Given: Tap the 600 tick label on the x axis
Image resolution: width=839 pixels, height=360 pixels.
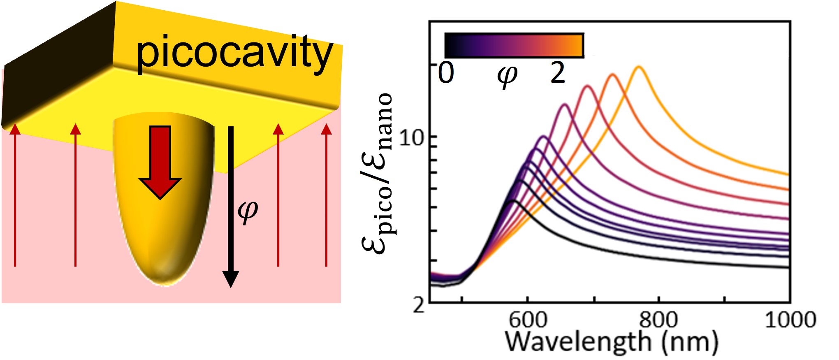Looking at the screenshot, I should pos(528,320).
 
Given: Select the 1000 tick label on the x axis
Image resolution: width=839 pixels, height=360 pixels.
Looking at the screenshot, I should pos(790,320).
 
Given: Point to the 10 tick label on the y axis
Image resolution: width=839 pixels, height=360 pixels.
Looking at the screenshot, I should pos(411,138).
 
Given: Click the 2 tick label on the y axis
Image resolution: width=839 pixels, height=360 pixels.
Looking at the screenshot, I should pos(419,305).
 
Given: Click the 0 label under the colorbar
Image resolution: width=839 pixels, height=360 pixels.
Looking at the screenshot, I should pos(446,73).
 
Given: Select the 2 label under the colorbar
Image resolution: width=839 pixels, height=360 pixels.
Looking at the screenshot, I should pos(558,73).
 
